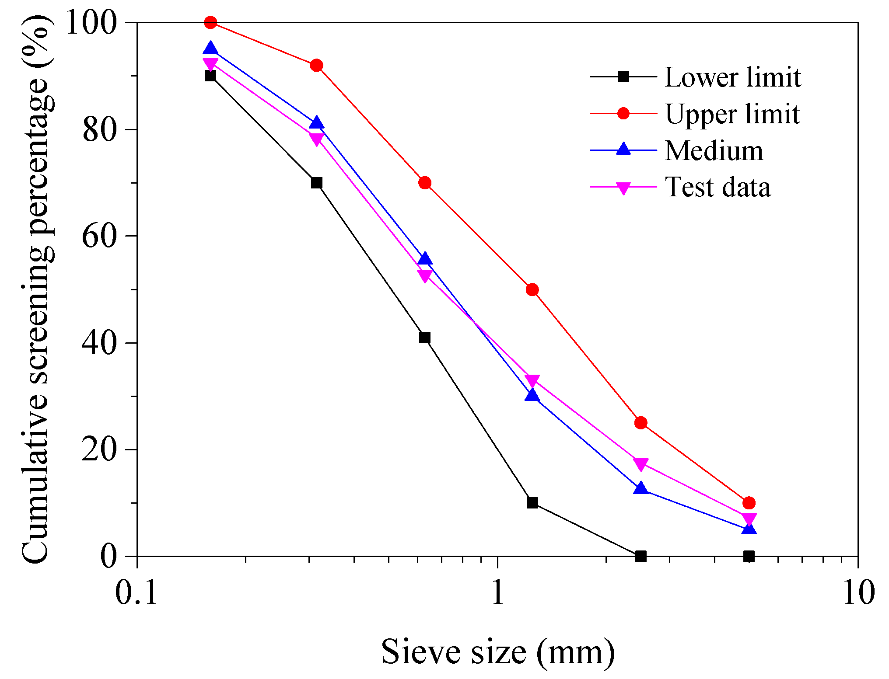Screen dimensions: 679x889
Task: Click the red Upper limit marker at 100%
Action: [x=210, y=22]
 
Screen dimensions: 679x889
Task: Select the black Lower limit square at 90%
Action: [x=210, y=76]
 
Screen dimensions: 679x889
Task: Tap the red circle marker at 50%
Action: [x=532, y=289]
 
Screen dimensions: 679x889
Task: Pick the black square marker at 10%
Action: [x=532, y=503]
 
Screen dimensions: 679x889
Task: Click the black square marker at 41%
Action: [x=424, y=338]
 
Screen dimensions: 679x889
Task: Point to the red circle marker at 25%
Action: [x=640, y=423]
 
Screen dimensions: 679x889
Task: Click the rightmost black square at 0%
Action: [x=749, y=556]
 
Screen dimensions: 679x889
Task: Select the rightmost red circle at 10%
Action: [x=749, y=503]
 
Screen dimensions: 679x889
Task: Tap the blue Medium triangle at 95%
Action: [x=210, y=48]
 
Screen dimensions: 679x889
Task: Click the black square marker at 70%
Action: [x=316, y=183]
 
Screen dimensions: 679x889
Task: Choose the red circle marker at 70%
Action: [x=424, y=183]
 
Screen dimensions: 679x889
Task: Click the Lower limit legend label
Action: [x=733, y=77]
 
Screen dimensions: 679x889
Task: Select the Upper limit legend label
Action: [x=733, y=114]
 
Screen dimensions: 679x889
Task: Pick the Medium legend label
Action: [x=714, y=151]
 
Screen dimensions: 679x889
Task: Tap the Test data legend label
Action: [x=718, y=187]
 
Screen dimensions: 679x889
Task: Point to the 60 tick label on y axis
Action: [x=102, y=236]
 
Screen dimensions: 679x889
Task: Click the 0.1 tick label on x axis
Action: [x=136, y=593]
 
